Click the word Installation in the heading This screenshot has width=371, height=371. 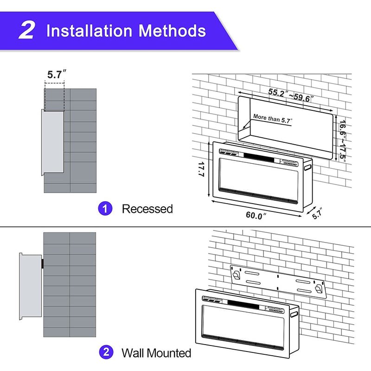point(88,31)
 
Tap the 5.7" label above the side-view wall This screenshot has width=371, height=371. point(57,74)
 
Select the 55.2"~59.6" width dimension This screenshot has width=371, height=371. point(291,95)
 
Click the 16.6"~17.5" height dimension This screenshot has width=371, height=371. point(342,140)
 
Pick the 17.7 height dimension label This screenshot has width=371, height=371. point(201,169)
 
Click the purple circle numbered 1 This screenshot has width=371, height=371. point(105,209)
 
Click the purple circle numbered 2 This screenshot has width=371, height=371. point(105,353)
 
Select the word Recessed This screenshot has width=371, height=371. point(147,209)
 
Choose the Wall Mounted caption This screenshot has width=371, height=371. point(156,353)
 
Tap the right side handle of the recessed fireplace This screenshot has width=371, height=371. point(308,166)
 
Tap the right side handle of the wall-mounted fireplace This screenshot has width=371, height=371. point(293,314)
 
